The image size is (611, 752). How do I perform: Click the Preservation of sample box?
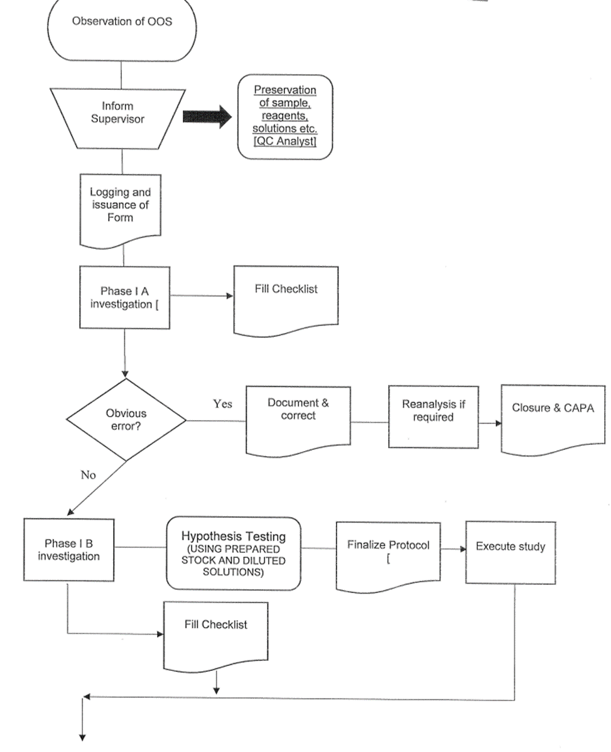point(284,116)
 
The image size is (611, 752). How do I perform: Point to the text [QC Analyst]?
point(284,143)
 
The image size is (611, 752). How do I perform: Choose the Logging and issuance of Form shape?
point(121,207)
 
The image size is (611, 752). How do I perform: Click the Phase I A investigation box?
point(124,297)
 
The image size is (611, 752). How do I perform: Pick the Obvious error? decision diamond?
point(126,420)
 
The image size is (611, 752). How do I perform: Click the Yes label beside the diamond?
point(222,404)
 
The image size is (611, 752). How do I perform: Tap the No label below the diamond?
point(88,475)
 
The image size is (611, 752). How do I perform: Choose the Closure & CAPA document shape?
point(553,418)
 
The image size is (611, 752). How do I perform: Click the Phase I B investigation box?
point(69,549)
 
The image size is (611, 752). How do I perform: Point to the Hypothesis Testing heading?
point(234,537)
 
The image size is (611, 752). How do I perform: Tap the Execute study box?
point(510,552)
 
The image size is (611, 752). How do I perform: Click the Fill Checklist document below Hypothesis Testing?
point(215,635)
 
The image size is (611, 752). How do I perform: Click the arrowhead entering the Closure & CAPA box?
point(498,423)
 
